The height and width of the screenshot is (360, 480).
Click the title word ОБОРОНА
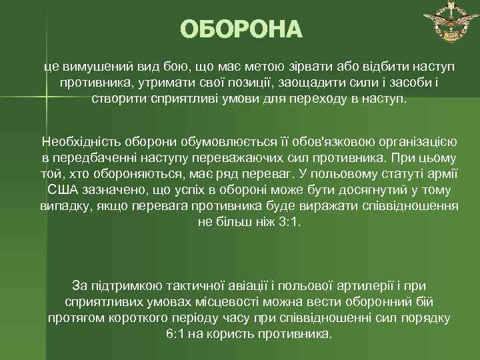240,31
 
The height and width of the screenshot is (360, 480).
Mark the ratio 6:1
177,333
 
